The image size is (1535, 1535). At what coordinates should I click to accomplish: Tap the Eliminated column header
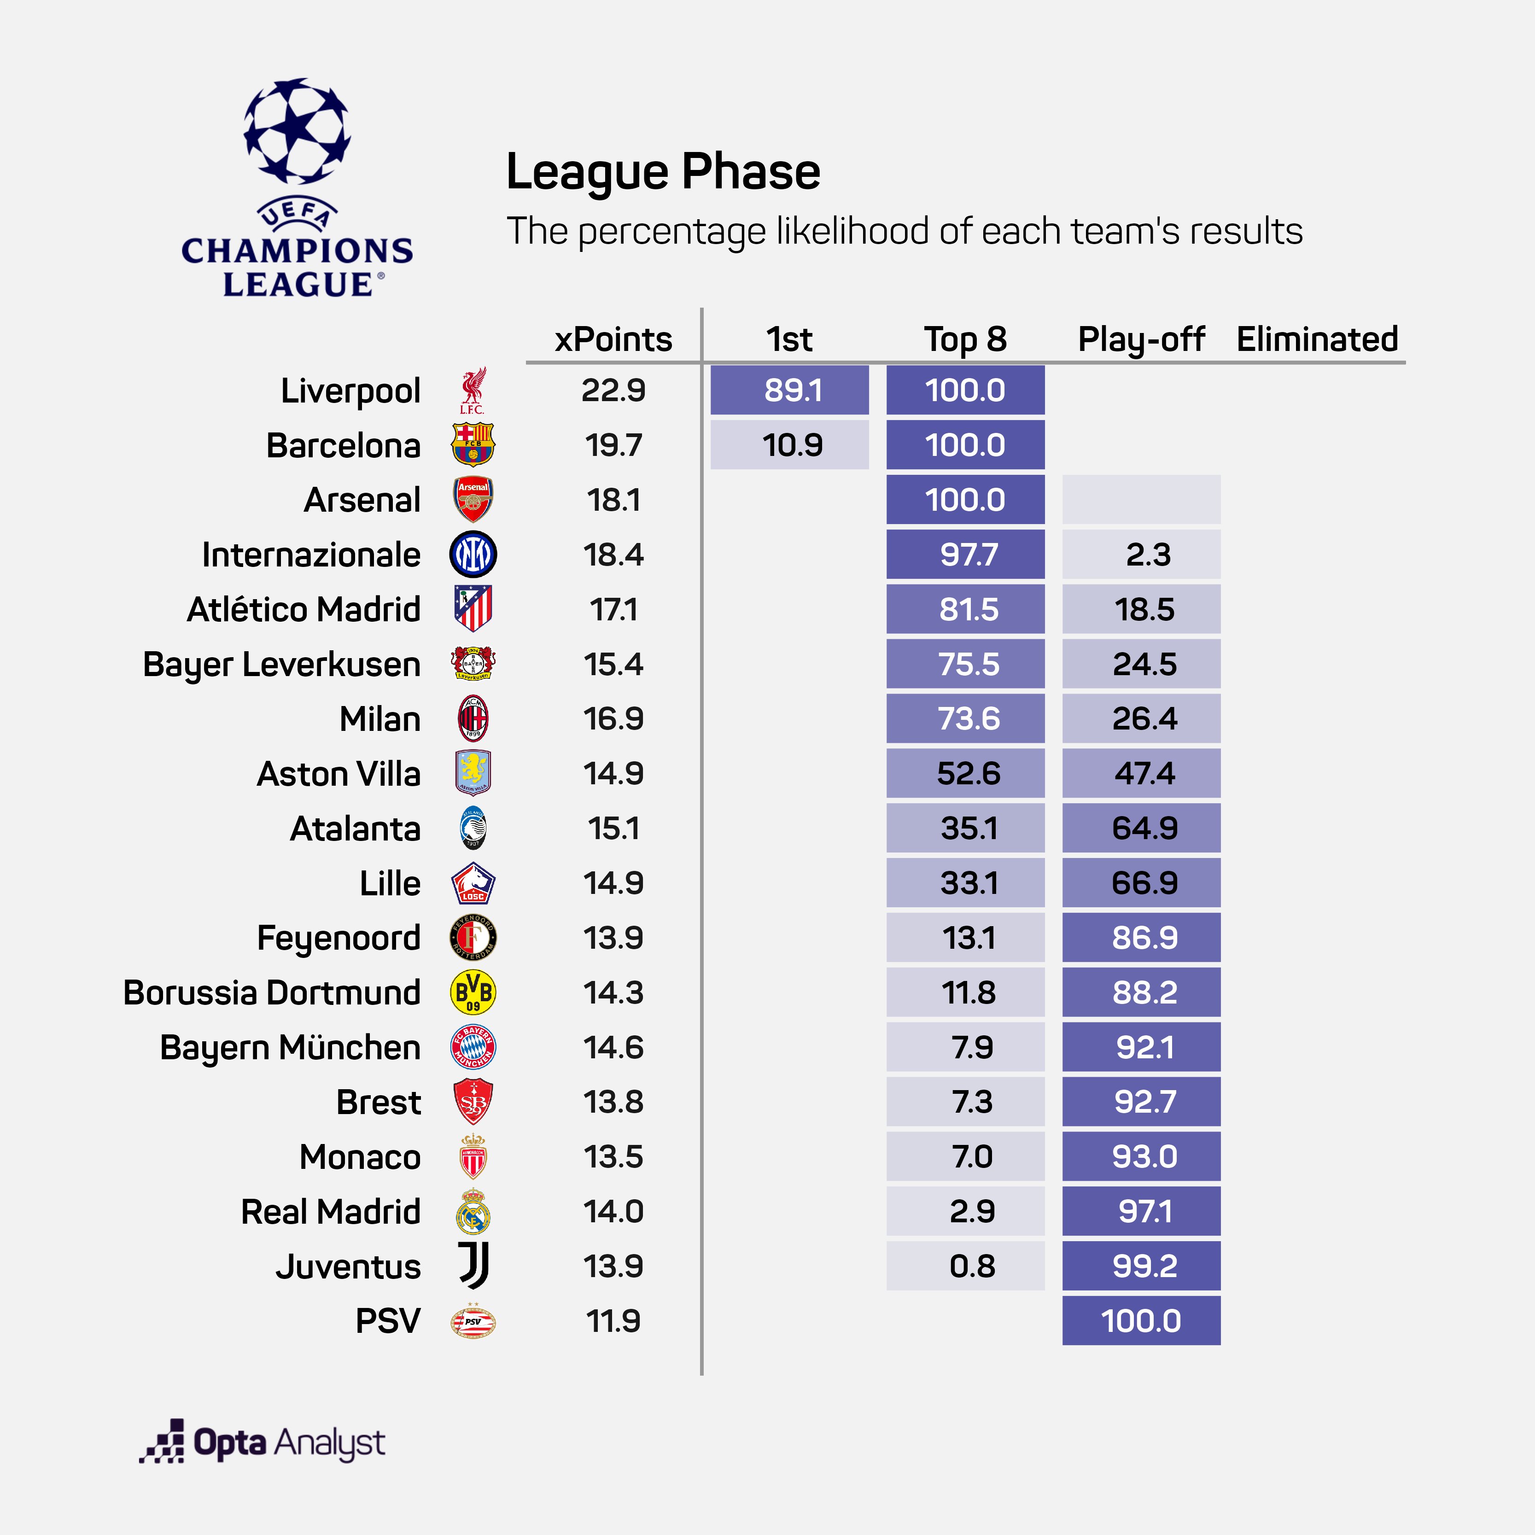click(x=1317, y=339)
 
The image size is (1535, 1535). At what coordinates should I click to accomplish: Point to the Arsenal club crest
click(x=473, y=499)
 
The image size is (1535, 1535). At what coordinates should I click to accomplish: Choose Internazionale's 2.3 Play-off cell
click(x=1141, y=554)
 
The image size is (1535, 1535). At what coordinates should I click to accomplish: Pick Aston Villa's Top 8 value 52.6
click(x=965, y=773)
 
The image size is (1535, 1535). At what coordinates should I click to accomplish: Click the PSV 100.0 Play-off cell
click(x=1141, y=1320)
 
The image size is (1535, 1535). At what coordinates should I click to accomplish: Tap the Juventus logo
click(x=473, y=1266)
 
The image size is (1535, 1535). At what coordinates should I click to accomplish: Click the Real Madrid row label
click(x=331, y=1212)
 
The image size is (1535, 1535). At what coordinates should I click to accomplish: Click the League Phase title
click(x=663, y=172)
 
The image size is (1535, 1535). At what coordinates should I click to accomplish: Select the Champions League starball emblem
click(x=296, y=131)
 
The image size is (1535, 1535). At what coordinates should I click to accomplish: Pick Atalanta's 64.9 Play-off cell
click(x=1141, y=828)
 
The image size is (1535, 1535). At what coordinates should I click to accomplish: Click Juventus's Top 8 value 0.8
click(x=965, y=1266)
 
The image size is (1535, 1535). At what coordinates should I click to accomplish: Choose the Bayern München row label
click(x=290, y=1047)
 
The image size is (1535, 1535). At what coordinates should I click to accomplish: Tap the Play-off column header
click(x=1141, y=339)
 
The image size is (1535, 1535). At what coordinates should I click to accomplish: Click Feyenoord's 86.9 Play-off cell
click(x=1141, y=938)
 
